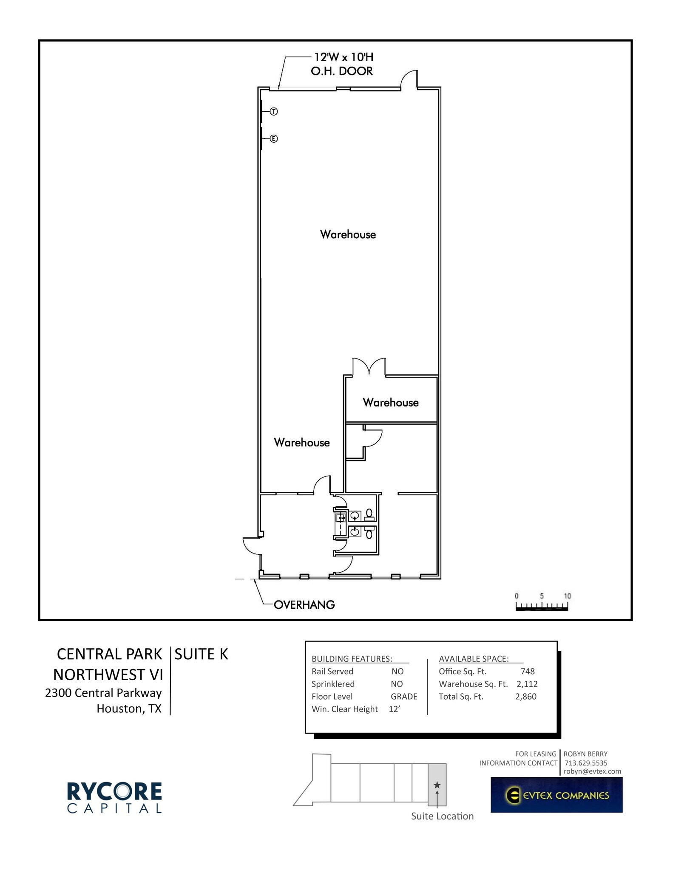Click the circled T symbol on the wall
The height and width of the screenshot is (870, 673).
click(274, 112)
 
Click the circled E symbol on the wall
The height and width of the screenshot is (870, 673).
click(274, 138)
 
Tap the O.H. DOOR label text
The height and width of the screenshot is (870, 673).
click(342, 71)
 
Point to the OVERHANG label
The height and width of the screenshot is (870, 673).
click(304, 604)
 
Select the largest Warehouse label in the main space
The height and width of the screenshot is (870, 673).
click(348, 234)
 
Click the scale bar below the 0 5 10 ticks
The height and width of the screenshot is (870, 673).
click(542, 609)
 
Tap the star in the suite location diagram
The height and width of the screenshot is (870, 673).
click(437, 785)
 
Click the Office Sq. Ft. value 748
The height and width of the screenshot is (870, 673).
click(527, 671)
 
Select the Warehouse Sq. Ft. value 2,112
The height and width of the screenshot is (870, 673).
click(527, 684)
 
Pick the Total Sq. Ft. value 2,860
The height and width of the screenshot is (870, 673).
click(526, 696)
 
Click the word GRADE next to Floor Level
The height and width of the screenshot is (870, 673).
click(404, 696)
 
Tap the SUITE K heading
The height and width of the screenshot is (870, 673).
click(201, 654)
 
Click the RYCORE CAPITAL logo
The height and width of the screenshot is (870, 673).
click(114, 797)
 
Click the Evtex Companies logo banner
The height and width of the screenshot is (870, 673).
click(556, 795)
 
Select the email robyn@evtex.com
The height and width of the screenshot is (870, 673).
click(592, 771)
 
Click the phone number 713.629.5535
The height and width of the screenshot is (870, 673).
click(585, 763)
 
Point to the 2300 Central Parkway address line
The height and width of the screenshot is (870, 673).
click(103, 693)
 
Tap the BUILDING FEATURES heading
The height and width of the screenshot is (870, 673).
click(352, 659)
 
